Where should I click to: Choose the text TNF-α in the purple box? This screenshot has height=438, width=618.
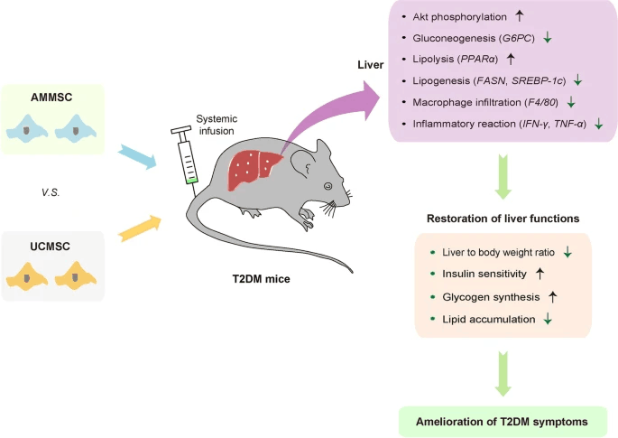pyautogui.click(x=570, y=123)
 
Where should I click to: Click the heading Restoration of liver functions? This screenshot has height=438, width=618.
pyautogui.click(x=503, y=218)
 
